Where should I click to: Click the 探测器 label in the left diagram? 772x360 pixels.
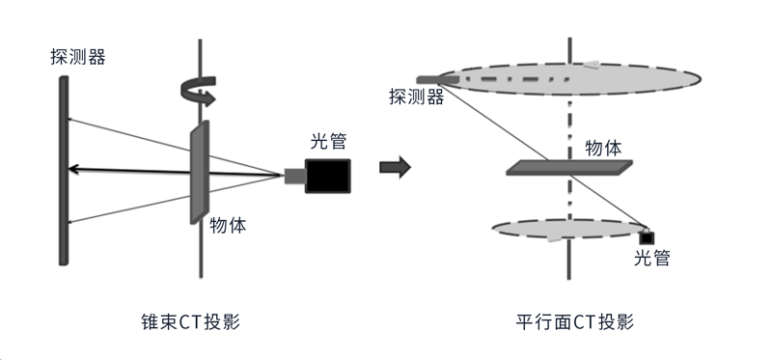77,57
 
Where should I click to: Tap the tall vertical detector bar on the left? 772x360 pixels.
63,169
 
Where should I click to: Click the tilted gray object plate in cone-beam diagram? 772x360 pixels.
199,172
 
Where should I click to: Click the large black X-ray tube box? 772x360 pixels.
327,174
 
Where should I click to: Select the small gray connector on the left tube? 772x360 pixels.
294,175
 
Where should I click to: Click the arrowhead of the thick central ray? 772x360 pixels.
73,170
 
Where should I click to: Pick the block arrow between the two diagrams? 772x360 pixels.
395,168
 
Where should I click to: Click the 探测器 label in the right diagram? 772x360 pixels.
416,97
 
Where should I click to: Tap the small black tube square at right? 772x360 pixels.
646,237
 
